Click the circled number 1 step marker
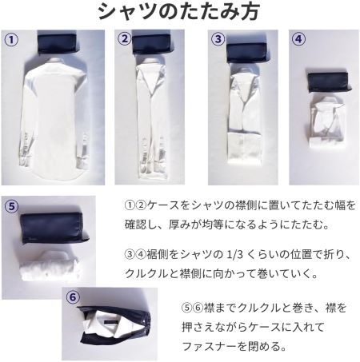click(11, 40)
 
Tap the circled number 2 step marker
click(125, 39)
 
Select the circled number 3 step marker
click(218, 39)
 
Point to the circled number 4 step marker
click(298, 39)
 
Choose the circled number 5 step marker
click(11, 206)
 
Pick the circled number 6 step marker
click(73, 296)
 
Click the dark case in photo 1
click(58, 42)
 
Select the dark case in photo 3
click(246, 52)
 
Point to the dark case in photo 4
click(330, 82)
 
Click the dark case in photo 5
click(54, 228)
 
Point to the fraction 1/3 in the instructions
click(234, 255)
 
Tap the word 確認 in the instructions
click(136, 225)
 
